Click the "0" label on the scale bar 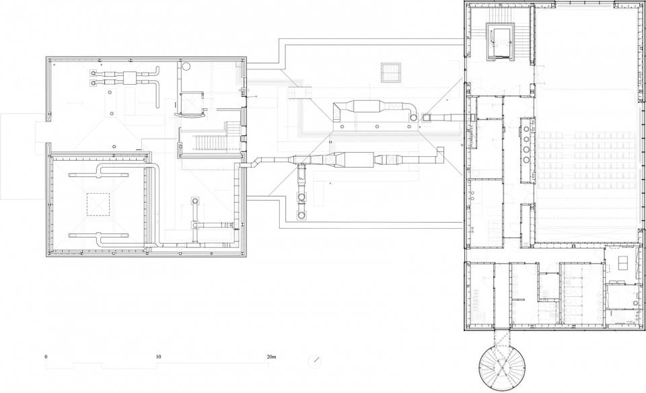[x=46, y=357]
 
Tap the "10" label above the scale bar [x=158, y=357]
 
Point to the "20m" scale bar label [x=271, y=357]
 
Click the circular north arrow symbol [x=315, y=361]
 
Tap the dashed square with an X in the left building [x=98, y=204]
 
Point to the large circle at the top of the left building [x=186, y=66]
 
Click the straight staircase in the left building [x=211, y=142]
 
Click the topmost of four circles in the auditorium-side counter [x=527, y=129]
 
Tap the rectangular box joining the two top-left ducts [x=130, y=78]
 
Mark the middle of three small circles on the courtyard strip [x=377, y=127]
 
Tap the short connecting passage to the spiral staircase [x=502, y=337]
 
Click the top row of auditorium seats [x=587, y=135]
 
